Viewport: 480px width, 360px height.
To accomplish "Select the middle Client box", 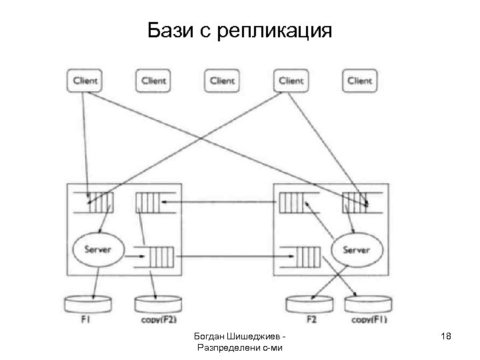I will point(222,81).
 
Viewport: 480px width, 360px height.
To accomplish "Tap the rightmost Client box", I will point(359,81).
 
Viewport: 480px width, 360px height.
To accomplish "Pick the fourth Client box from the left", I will point(291,81).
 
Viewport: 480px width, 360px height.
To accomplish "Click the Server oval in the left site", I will point(97,250).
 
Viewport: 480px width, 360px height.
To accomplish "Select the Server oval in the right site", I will point(355,250).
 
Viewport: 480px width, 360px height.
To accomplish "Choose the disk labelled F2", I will point(311,303).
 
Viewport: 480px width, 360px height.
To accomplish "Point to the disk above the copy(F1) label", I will point(369,303).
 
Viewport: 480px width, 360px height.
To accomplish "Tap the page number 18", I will point(445,337).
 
